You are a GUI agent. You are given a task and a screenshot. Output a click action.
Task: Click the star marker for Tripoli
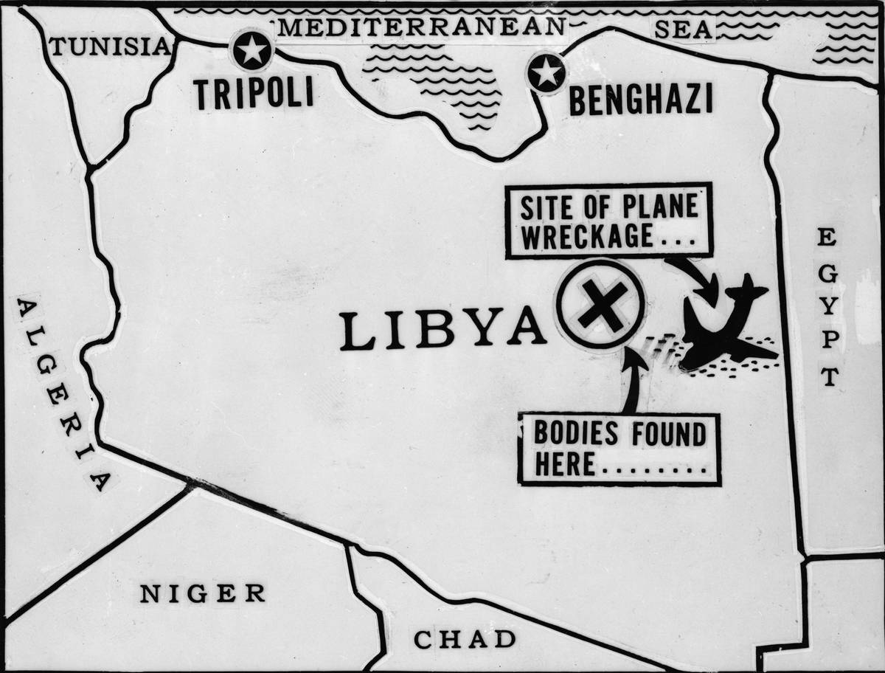point(252,50)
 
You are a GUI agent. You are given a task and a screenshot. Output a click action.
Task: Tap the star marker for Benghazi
point(546,73)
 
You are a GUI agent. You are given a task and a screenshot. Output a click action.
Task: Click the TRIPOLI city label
point(254,94)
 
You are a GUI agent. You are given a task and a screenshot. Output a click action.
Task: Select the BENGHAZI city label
point(641,100)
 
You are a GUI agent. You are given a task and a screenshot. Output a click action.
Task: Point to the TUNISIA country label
point(109,47)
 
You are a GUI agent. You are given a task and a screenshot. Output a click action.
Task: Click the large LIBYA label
point(442,330)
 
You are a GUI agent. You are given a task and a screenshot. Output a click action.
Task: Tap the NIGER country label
point(203,593)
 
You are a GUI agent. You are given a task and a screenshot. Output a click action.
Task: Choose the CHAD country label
point(465,639)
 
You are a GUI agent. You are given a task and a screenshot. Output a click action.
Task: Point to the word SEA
point(684,30)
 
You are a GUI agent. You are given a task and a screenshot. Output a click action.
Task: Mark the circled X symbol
point(601,304)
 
